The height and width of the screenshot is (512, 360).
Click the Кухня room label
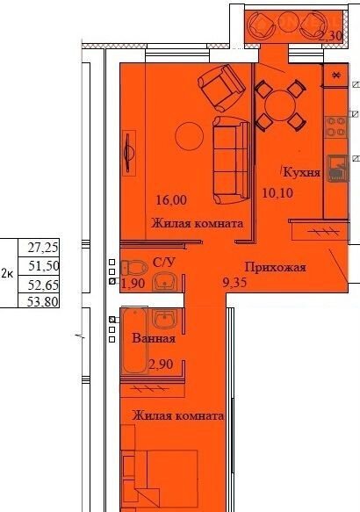coord(302,172)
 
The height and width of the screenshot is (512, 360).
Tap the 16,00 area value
coord(171,199)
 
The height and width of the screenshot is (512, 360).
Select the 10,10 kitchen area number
coord(277,192)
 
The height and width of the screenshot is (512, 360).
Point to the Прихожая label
coord(276,267)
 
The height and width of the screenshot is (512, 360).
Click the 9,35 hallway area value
coord(234,282)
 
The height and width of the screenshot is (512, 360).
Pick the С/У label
coord(164,262)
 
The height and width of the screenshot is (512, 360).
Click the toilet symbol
coord(134,268)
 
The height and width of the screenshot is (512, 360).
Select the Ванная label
coord(154,338)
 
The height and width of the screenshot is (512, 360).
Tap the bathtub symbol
coord(134,341)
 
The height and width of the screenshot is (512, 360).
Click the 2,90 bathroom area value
coord(161,364)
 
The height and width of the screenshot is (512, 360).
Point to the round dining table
coord(280,105)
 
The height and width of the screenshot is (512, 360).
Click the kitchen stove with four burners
coord(336,126)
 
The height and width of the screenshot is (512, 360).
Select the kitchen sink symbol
coord(338,168)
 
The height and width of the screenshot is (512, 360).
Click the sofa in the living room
coord(231,160)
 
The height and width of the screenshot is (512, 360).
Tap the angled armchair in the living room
coord(221,88)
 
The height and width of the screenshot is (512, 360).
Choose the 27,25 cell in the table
coord(40,248)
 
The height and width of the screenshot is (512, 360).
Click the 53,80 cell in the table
coord(40,300)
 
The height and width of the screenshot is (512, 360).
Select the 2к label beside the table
coord(8,274)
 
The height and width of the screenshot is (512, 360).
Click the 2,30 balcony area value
coord(330,36)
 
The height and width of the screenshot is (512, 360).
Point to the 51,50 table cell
coord(40,266)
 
